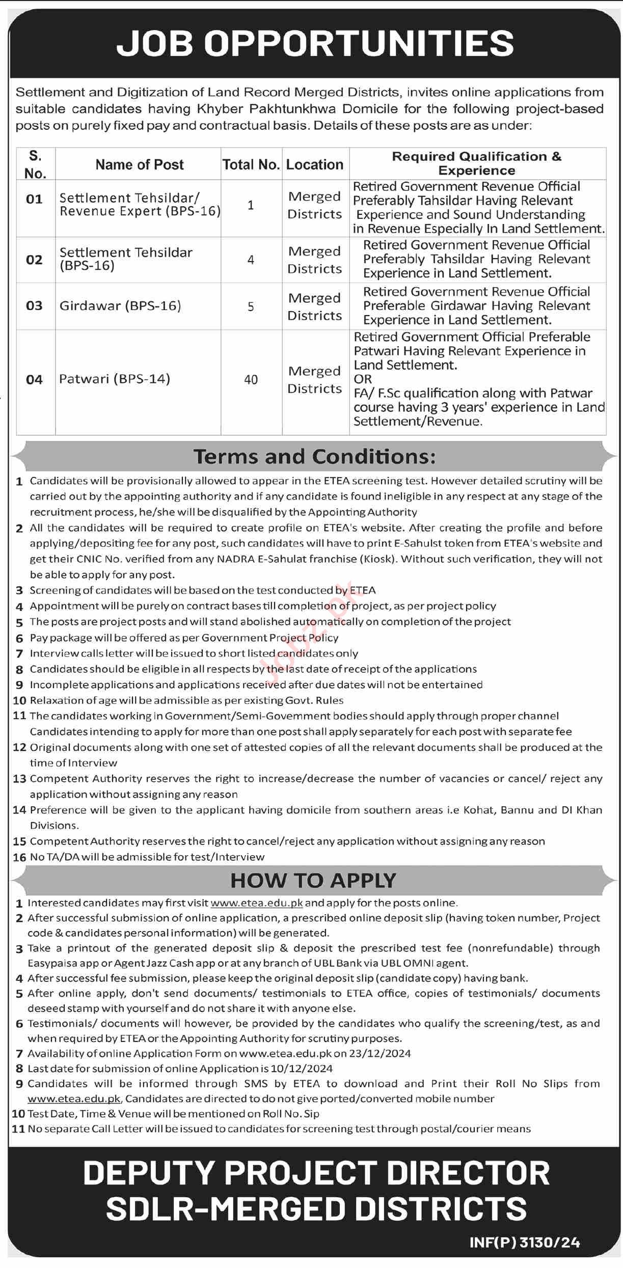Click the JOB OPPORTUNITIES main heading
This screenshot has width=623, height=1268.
[x=314, y=43]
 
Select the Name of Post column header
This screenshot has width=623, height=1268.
[x=140, y=164]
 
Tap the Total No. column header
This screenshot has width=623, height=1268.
[x=251, y=164]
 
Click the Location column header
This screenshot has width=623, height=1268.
[x=315, y=164]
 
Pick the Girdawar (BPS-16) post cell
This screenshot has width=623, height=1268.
[x=120, y=306]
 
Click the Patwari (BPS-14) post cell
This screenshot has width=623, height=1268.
[x=115, y=379]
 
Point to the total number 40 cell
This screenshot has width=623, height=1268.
[x=251, y=380]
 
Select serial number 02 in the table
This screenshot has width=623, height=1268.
[x=34, y=260]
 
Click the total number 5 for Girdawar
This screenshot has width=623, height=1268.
[x=251, y=307]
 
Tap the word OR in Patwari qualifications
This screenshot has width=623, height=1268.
[x=363, y=379]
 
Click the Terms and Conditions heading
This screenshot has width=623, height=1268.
[x=314, y=457]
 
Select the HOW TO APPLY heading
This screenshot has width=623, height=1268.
[x=313, y=881]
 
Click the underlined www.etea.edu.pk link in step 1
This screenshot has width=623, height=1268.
[x=256, y=903]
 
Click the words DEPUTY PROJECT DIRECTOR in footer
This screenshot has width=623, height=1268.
[x=316, y=1173]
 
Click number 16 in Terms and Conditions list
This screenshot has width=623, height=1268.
[x=19, y=857]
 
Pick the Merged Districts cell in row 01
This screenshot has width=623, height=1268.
[x=315, y=205]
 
